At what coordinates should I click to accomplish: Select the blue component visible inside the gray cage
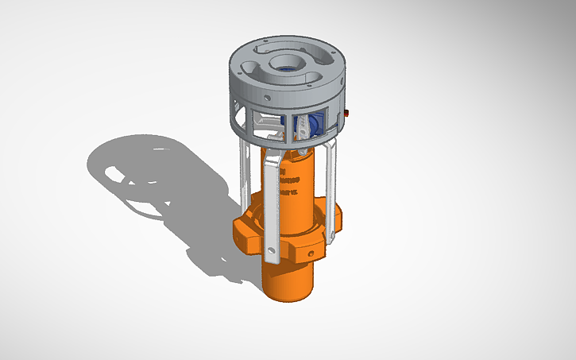coord(307,126)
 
